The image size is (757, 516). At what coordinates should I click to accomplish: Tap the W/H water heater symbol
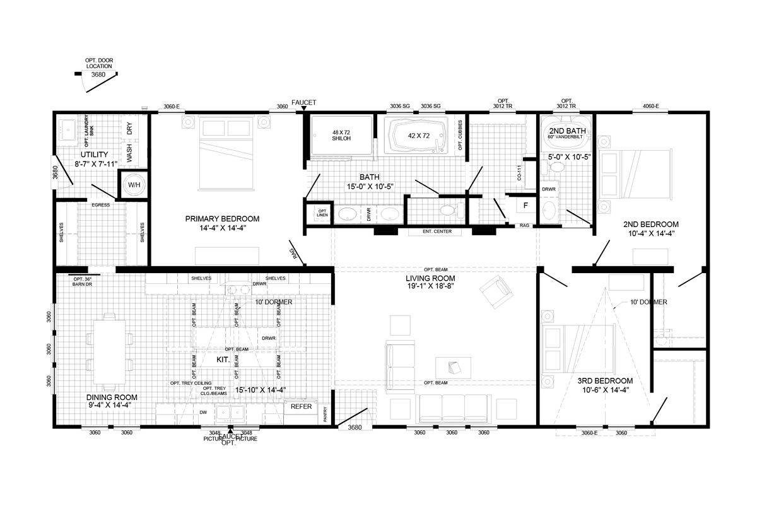click(x=134, y=185)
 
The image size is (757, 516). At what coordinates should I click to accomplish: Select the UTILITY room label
click(x=94, y=155)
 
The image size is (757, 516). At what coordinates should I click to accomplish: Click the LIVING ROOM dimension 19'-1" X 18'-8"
click(x=430, y=286)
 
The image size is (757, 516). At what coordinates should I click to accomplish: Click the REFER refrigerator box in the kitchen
click(x=302, y=407)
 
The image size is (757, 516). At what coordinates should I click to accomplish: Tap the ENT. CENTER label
click(x=441, y=232)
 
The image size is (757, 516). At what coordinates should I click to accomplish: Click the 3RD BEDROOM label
click(x=605, y=381)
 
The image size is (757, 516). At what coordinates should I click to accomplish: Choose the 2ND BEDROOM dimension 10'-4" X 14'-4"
click(x=650, y=233)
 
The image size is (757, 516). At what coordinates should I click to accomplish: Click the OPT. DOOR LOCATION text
click(x=99, y=63)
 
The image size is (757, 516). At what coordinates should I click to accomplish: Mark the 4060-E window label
click(x=651, y=106)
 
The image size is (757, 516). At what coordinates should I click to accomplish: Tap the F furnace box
click(x=525, y=205)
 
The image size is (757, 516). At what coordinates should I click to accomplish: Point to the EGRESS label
click(x=101, y=205)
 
